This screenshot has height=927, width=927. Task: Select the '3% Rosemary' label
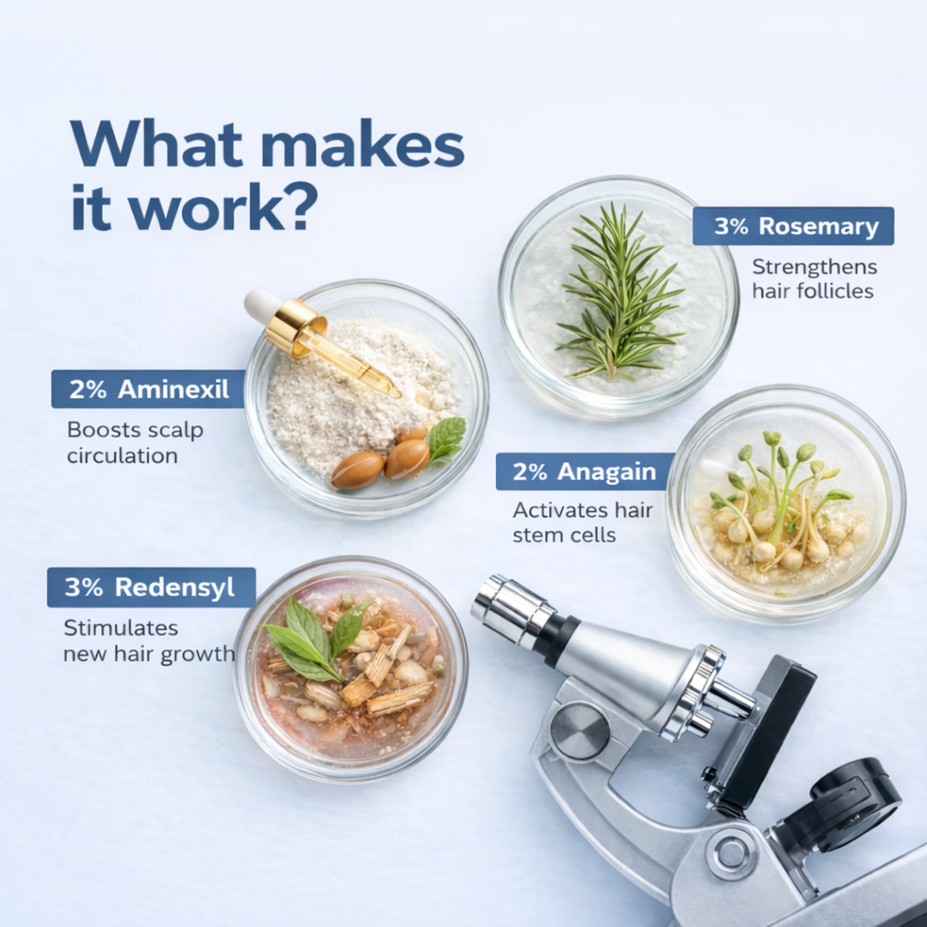click(x=793, y=226)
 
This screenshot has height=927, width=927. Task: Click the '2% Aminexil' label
click(x=148, y=389)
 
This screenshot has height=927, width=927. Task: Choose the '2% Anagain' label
click(x=585, y=471)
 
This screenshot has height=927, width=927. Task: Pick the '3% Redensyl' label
click(x=151, y=587)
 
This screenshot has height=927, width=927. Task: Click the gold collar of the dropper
click(x=296, y=328)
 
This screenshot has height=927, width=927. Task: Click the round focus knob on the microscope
click(x=579, y=731)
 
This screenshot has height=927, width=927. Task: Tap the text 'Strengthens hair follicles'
click(x=814, y=279)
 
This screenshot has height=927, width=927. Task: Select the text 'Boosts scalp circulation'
click(x=135, y=442)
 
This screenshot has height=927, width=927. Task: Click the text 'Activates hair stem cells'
click(x=582, y=523)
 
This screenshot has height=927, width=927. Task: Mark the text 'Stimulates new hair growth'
click(x=148, y=641)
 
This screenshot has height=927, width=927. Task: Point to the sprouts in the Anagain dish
click(x=780, y=502)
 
